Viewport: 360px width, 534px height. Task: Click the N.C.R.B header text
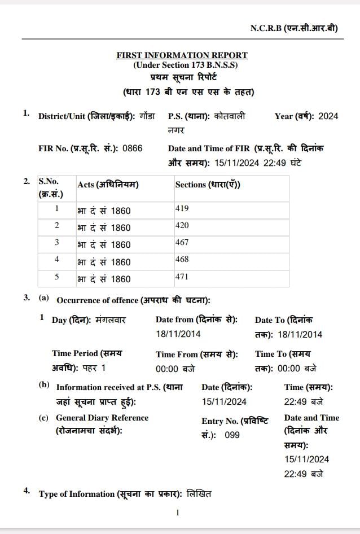(293, 28)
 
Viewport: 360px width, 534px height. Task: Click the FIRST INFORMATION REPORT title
(182, 55)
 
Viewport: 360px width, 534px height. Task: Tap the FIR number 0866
(133, 148)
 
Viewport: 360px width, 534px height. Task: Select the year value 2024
(328, 116)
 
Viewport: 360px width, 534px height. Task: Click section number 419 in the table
(182, 208)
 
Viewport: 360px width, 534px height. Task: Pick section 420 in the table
(182, 225)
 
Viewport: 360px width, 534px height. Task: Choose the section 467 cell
(182, 242)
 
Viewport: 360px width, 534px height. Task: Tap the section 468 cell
(182, 260)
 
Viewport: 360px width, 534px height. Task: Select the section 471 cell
(182, 277)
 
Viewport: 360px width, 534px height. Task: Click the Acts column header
(108, 185)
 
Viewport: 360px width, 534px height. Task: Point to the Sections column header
(208, 185)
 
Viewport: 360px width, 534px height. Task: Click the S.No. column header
(50, 187)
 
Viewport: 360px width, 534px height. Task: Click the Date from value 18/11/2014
(178, 334)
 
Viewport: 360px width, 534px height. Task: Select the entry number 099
(232, 435)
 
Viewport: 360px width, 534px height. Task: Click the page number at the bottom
(178, 513)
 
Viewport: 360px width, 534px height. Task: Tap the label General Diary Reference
(102, 418)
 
